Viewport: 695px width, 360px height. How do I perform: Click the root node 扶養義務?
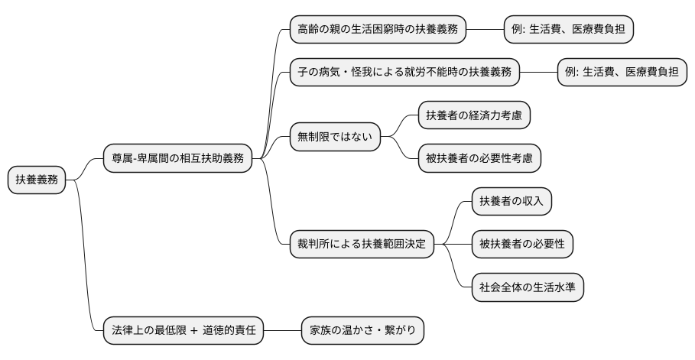(37, 180)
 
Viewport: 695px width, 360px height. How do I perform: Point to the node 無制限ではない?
(334, 138)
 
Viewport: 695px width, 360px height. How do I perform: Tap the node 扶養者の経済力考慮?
(474, 115)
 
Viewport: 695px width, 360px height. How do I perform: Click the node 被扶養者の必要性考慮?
(479, 159)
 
